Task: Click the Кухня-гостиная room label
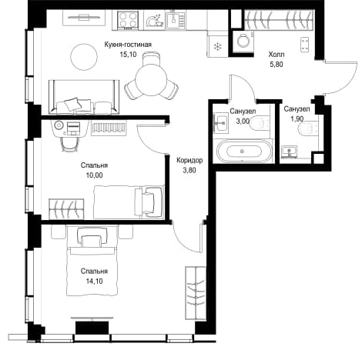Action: click(128, 45)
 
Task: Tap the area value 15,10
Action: click(128, 55)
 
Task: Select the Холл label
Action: click(277, 55)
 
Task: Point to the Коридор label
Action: click(189, 160)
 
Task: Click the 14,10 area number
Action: click(94, 282)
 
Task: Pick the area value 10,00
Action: click(94, 175)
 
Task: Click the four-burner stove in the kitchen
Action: click(128, 20)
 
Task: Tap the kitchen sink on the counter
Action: click(175, 19)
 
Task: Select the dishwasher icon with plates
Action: click(155, 20)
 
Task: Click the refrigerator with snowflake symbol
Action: click(218, 46)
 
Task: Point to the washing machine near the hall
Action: click(243, 40)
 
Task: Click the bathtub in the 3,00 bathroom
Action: click(242, 152)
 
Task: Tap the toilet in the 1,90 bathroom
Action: click(309, 128)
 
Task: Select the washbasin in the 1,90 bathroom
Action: click(289, 151)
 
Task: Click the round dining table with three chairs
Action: click(152, 79)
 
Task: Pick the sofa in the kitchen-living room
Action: click(84, 97)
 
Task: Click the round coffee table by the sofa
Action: click(84, 56)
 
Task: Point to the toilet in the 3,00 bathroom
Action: click(260, 123)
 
